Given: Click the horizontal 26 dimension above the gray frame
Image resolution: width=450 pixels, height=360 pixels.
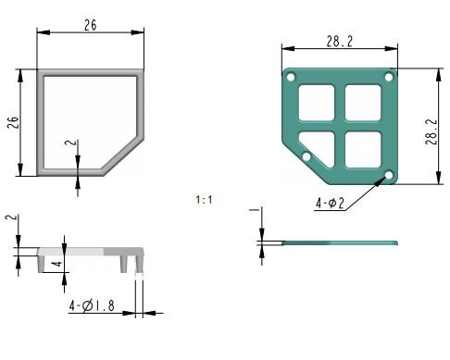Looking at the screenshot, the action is point(90,25).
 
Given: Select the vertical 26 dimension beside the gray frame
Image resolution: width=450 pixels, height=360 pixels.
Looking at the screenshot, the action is point(13,122).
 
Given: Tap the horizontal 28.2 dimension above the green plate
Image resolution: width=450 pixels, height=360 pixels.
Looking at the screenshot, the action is point(340,42).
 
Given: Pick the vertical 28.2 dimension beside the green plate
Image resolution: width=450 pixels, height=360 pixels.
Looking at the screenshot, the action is point(431,131).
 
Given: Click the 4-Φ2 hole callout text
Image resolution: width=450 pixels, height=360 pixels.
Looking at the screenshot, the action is point(330,204).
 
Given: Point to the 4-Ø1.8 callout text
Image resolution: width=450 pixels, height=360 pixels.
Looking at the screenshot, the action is point(92,305).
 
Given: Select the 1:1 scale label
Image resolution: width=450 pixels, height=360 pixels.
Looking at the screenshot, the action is point(204,200).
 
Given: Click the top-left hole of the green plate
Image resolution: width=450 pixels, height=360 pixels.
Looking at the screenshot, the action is point(291,77).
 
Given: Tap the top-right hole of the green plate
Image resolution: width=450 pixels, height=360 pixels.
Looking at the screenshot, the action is point(389,77).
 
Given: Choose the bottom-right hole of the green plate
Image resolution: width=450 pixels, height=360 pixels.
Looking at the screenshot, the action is point(389,175).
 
